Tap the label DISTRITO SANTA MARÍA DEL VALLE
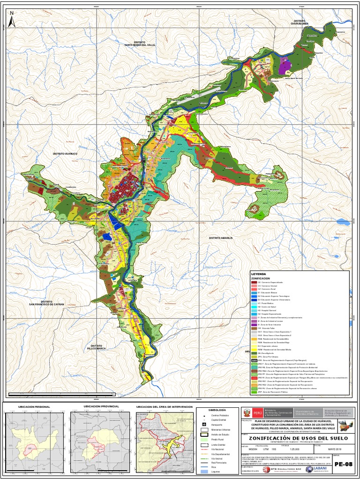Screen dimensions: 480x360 pyautogui.click(x=140, y=44)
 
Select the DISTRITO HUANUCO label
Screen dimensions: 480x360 pyautogui.click(x=65, y=154)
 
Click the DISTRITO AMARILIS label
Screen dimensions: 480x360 pyautogui.click(x=221, y=238)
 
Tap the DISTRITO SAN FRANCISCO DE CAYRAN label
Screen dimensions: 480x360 pyautogui.click(x=46, y=303)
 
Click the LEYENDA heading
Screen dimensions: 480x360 pyautogui.click(x=259, y=273)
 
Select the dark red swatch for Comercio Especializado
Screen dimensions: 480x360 pyautogui.click(x=255, y=283)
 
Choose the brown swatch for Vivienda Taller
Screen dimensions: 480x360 pyautogui.click(x=255, y=328)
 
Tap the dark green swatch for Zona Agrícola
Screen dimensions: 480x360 pyautogui.click(x=255, y=352)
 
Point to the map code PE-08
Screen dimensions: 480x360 pyautogui.click(x=342, y=464)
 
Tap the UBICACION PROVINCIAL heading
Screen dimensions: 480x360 pyautogui.click(x=101, y=406)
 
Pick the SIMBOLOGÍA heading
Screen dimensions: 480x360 pyautogui.click(x=210, y=410)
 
